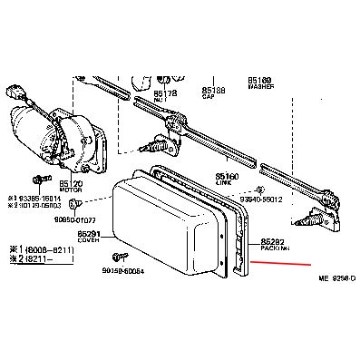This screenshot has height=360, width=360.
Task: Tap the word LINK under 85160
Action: [225, 185]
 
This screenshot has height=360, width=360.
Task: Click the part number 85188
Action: [213, 90]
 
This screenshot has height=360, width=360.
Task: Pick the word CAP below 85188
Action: [211, 97]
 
